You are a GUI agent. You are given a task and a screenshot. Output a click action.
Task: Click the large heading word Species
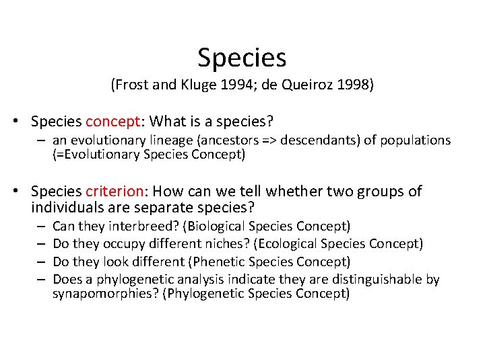(x=242, y=58)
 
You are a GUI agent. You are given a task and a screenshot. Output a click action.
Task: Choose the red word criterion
(x=116, y=192)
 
